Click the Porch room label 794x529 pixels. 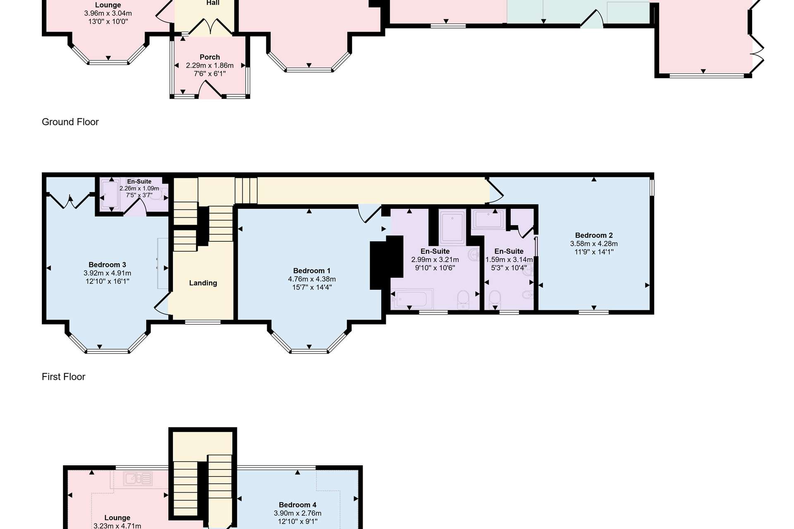[x=210, y=57]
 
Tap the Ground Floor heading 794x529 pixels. [x=70, y=122]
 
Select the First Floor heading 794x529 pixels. [x=63, y=377]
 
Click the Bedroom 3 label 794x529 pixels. [x=107, y=265]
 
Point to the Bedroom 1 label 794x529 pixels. [x=312, y=271]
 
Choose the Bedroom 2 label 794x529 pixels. [x=594, y=236]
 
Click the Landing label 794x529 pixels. [x=203, y=283]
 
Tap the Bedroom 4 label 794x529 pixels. [x=297, y=505]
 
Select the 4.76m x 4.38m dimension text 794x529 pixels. [x=312, y=279]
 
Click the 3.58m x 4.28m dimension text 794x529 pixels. [x=594, y=244]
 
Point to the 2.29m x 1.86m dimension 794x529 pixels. [x=210, y=65]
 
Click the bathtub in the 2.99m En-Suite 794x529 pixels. [x=412, y=299]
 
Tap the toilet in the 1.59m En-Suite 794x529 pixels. [x=495, y=299]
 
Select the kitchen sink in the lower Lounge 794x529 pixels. [x=138, y=479]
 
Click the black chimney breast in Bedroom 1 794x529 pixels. [x=386, y=262]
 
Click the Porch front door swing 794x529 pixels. [x=210, y=90]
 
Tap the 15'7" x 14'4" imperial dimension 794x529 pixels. [x=312, y=287]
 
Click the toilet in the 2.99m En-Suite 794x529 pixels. [x=463, y=300]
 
